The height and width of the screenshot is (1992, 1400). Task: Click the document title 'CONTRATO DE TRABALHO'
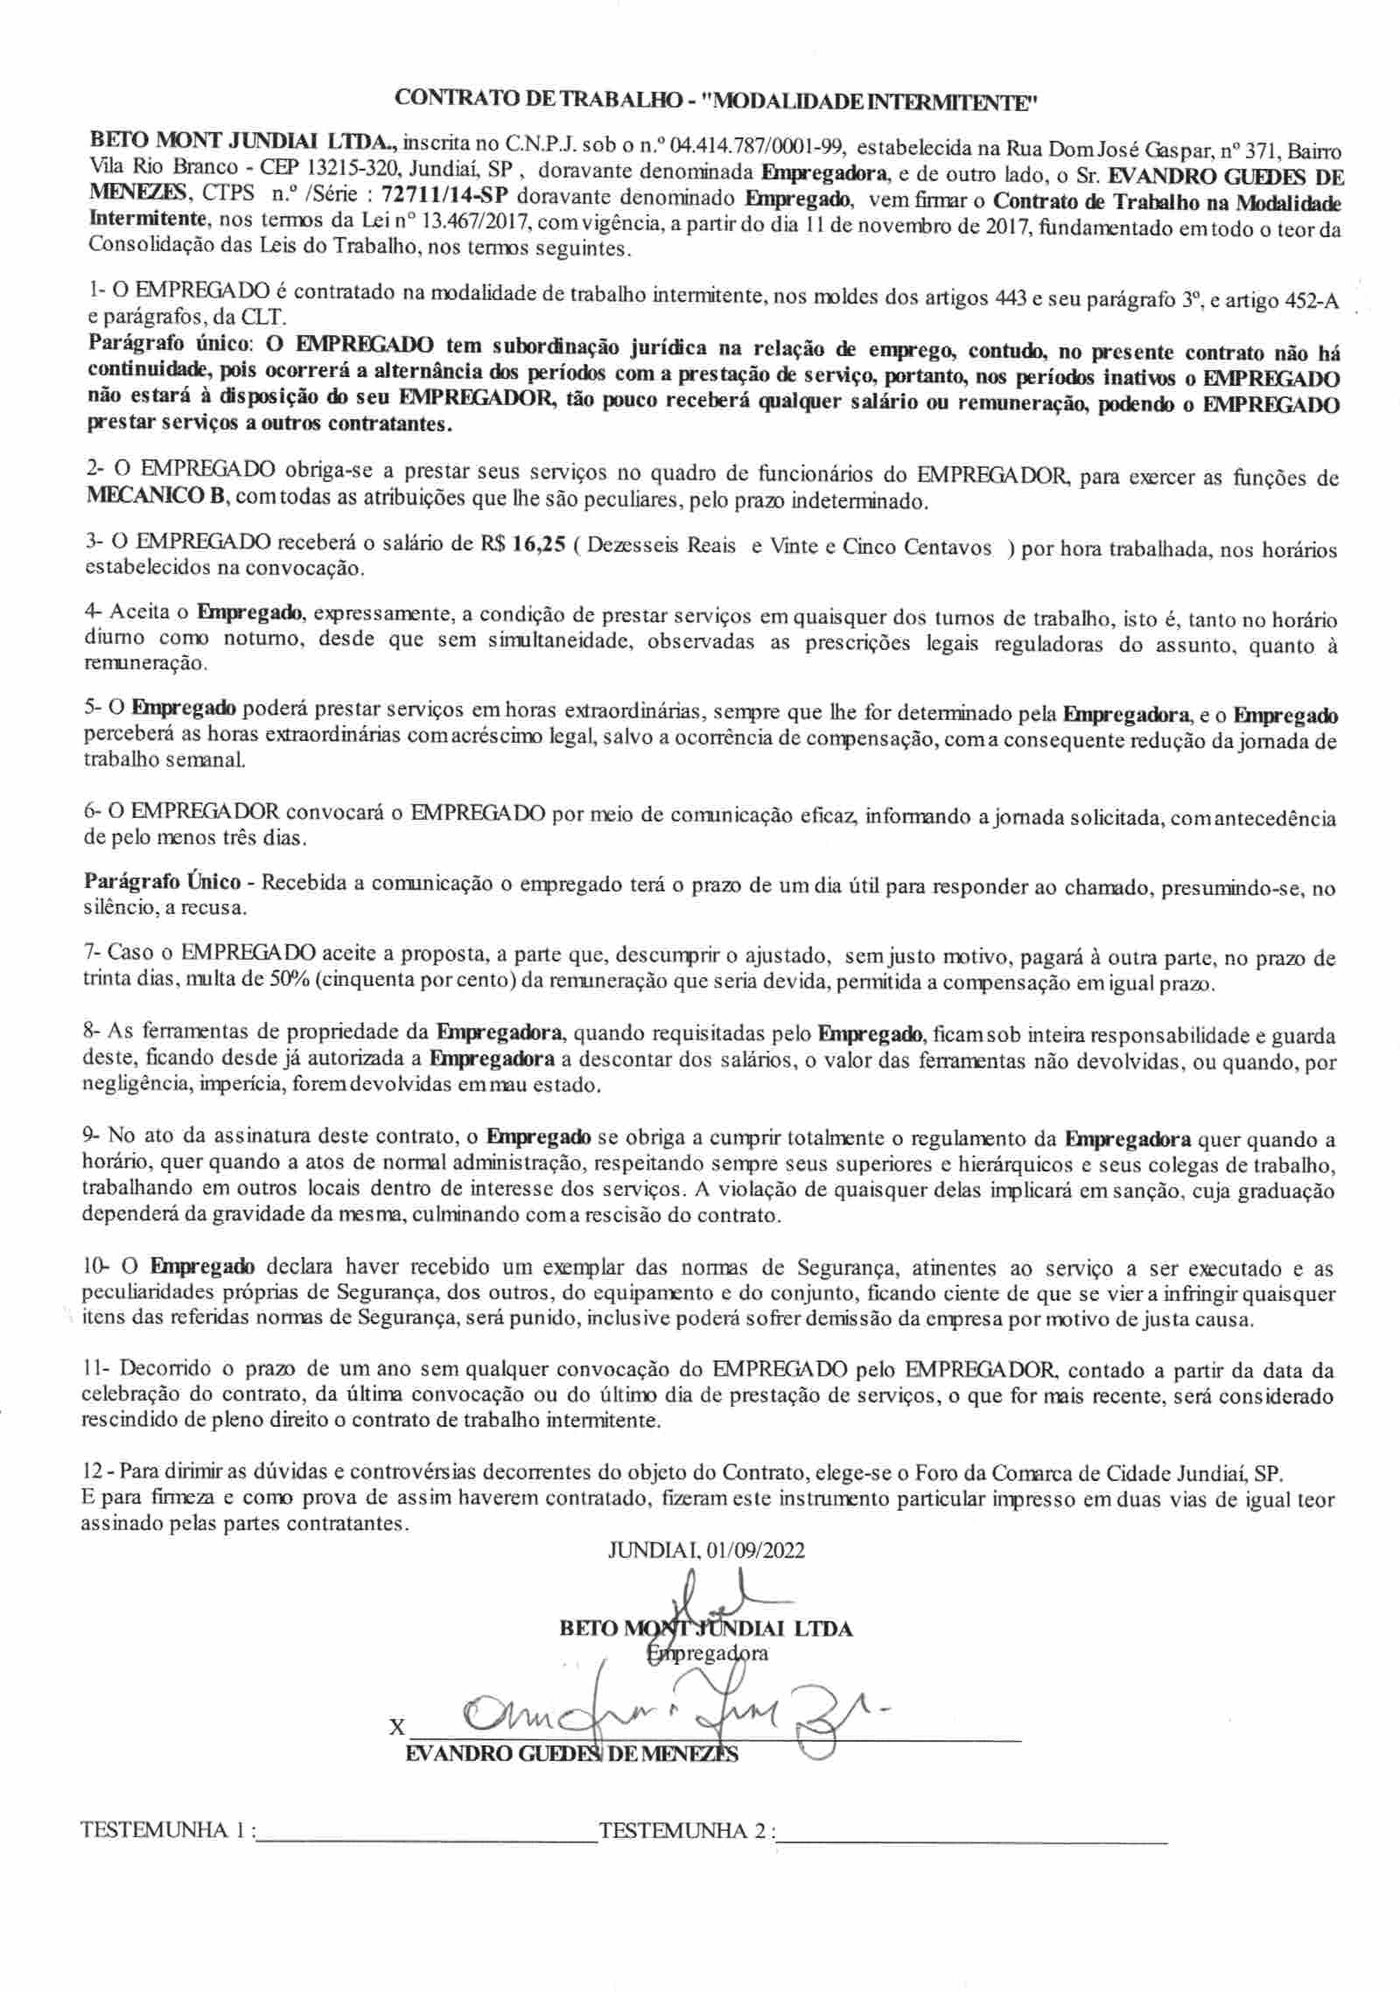[x=538, y=100]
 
